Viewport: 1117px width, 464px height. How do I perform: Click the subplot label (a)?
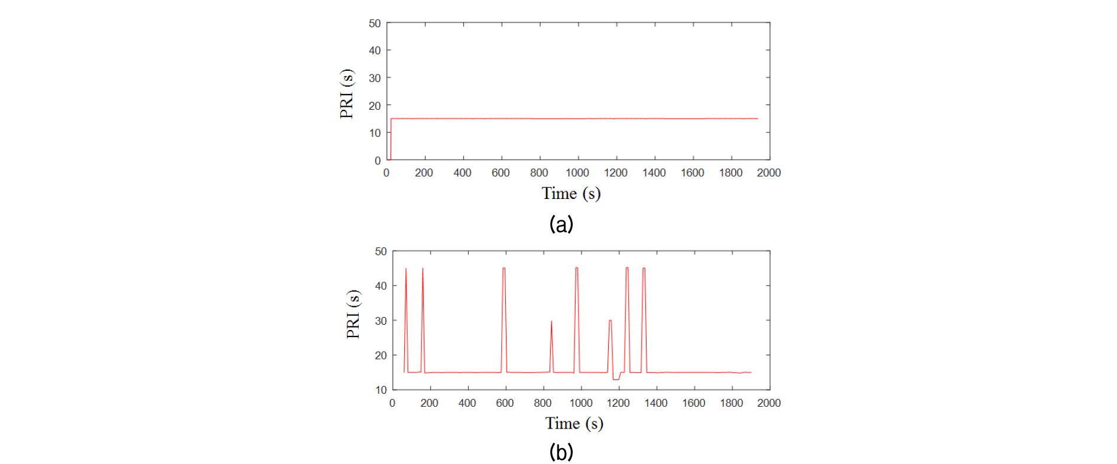point(561,224)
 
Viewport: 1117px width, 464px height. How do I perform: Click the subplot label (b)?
point(561,452)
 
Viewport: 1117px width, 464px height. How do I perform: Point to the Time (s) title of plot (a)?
point(571,194)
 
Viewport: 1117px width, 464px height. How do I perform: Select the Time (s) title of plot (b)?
point(574,423)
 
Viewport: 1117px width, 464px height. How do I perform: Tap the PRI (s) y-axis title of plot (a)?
point(347,93)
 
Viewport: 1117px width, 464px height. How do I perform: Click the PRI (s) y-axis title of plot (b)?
point(353,314)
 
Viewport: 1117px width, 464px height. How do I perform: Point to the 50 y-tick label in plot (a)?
point(375,24)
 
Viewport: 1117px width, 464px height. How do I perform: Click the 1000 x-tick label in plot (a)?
point(577,173)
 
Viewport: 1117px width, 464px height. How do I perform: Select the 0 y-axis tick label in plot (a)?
point(378,161)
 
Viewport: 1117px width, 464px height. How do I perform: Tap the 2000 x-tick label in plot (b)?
point(769,403)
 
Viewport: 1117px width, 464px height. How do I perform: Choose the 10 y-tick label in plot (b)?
point(381,390)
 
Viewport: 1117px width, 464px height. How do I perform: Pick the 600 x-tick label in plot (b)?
point(505,403)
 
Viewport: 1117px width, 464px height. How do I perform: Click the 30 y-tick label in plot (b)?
point(381,321)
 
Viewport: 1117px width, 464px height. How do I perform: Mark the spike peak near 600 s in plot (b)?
point(504,269)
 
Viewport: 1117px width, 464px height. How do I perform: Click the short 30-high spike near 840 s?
point(551,322)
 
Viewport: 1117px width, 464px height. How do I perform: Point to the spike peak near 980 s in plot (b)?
point(577,269)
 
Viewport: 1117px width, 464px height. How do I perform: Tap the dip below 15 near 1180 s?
point(616,379)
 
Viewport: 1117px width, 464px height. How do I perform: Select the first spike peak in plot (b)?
point(405,269)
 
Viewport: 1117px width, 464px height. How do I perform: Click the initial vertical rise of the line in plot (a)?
point(391,139)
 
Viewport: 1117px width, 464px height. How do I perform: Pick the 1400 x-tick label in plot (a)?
point(654,173)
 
